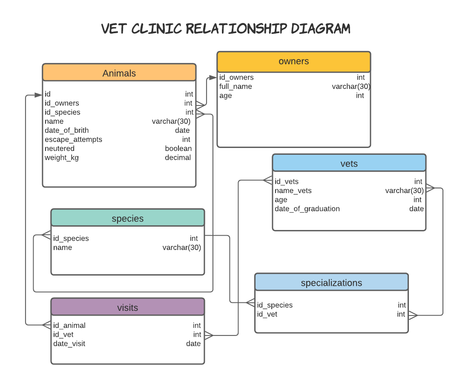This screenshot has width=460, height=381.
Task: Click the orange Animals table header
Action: pos(119,73)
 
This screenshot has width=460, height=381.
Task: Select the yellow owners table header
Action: pos(293,61)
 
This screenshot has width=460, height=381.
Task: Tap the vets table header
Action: pos(349,164)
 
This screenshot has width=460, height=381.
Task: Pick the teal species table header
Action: pos(127,219)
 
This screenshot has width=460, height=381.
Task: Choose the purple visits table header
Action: pos(127,307)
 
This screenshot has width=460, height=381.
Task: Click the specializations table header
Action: pos(331,283)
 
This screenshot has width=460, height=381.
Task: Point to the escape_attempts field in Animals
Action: pos(73,139)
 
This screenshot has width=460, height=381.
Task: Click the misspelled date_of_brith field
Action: pos(67,130)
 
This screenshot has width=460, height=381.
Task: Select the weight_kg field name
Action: pos(62,158)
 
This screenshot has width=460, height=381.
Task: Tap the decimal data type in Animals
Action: pos(178,158)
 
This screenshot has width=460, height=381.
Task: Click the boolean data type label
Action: pos(178,148)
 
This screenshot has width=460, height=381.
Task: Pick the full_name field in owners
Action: pos(236,86)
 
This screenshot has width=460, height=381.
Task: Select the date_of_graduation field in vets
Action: pos(307,209)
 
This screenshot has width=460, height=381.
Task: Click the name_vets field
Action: pos(293,190)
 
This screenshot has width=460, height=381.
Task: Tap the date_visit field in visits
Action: pos(69,344)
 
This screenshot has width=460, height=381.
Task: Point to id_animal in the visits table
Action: pos(69,325)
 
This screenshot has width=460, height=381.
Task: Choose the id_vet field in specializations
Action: pos(267,314)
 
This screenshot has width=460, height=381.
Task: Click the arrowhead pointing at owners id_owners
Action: pos(213,77)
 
